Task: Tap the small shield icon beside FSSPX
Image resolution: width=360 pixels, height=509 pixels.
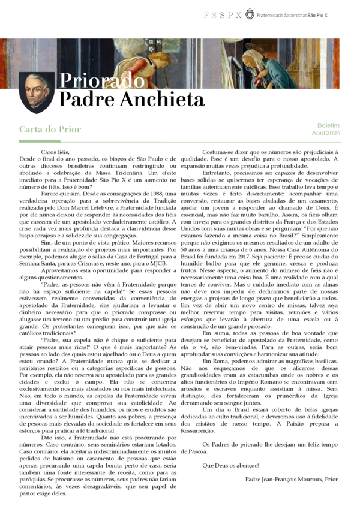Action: tap(250, 13)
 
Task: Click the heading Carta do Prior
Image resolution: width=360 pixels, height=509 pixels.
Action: tap(50, 129)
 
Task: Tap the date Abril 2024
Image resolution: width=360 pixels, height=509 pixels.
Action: tap(326, 132)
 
